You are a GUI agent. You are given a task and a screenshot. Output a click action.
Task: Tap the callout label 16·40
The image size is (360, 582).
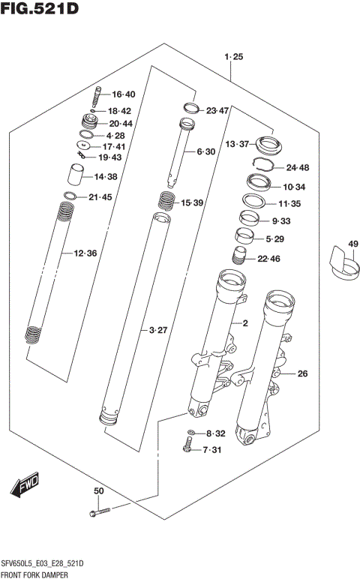123,94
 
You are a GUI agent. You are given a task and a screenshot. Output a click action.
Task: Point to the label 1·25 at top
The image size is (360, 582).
233,57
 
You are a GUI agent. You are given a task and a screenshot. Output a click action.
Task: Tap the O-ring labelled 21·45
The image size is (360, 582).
70,197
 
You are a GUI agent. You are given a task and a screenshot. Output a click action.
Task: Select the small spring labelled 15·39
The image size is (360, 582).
167,202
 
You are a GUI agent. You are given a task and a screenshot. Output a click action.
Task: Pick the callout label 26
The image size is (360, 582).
302,373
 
